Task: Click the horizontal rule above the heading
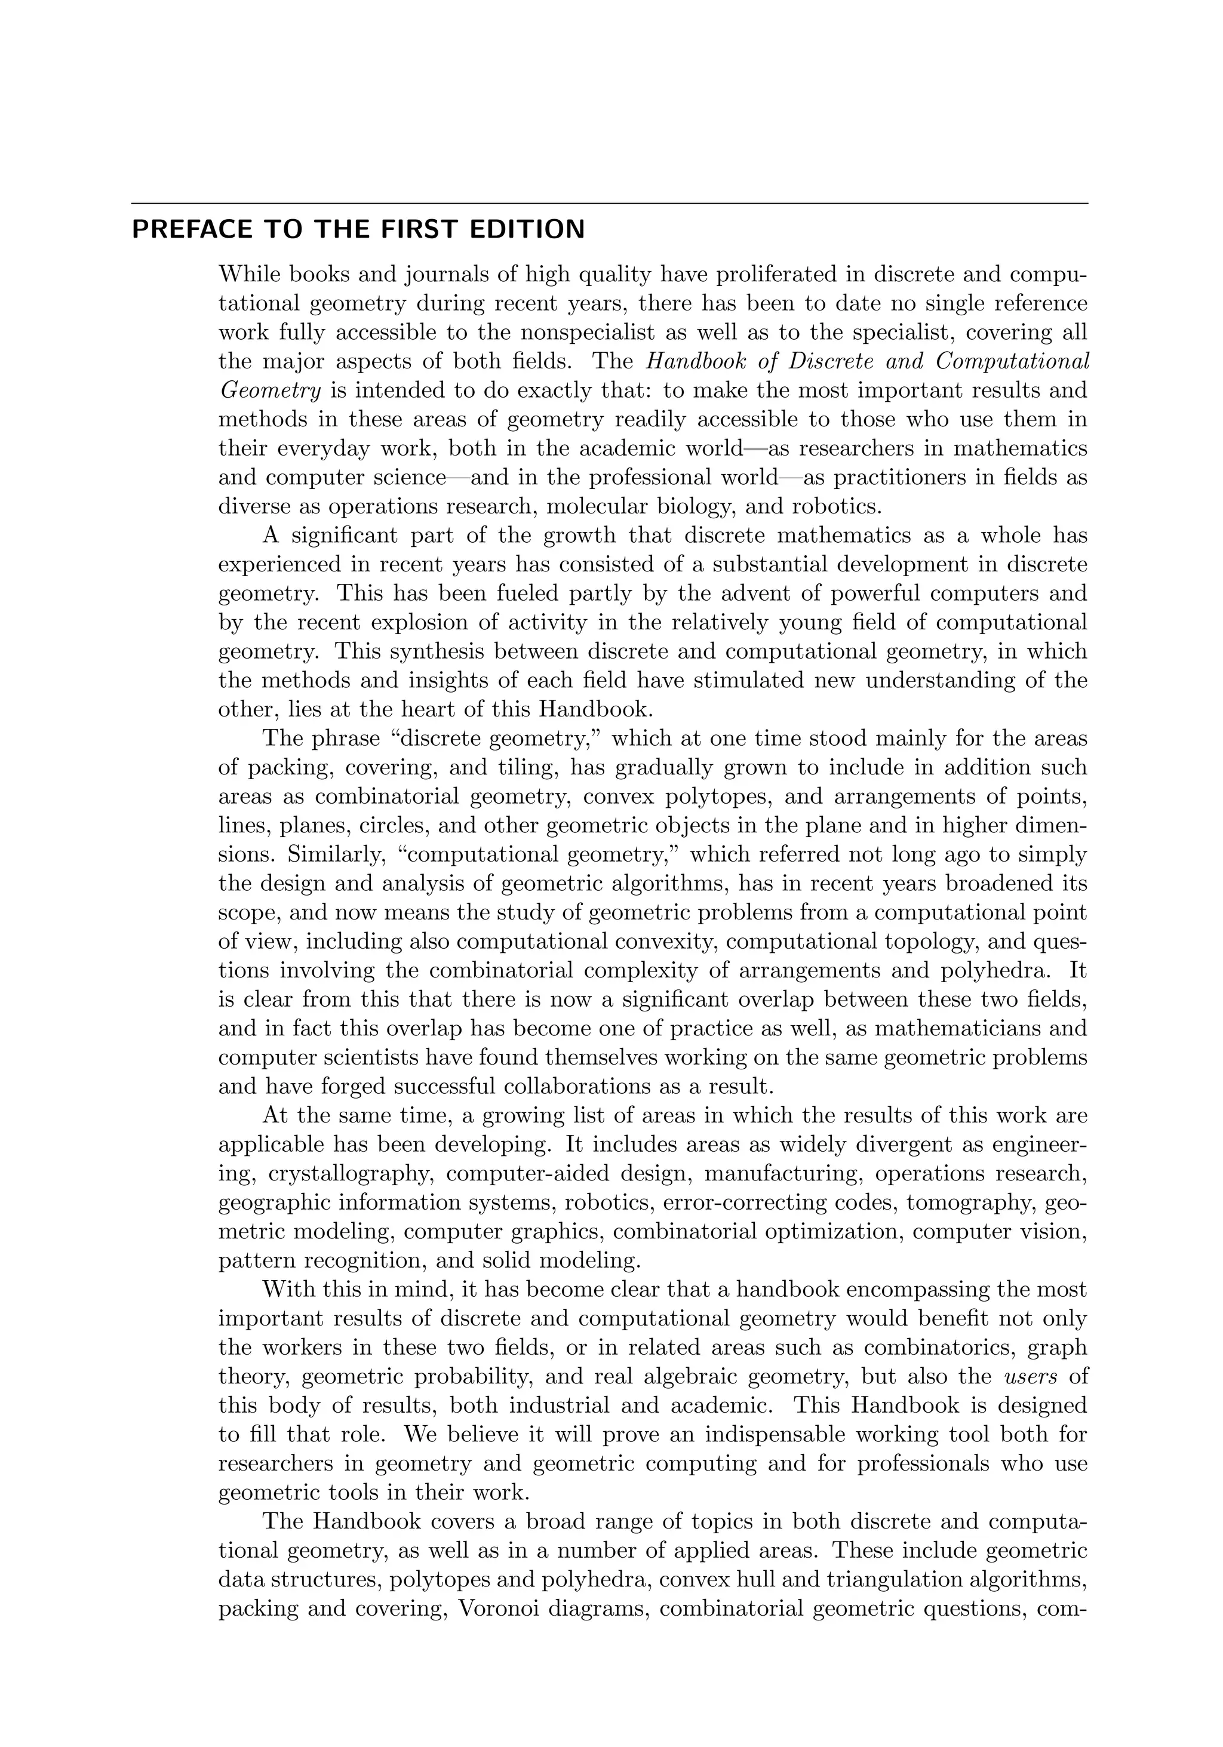tap(609, 203)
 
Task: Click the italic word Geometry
tap(269, 390)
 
